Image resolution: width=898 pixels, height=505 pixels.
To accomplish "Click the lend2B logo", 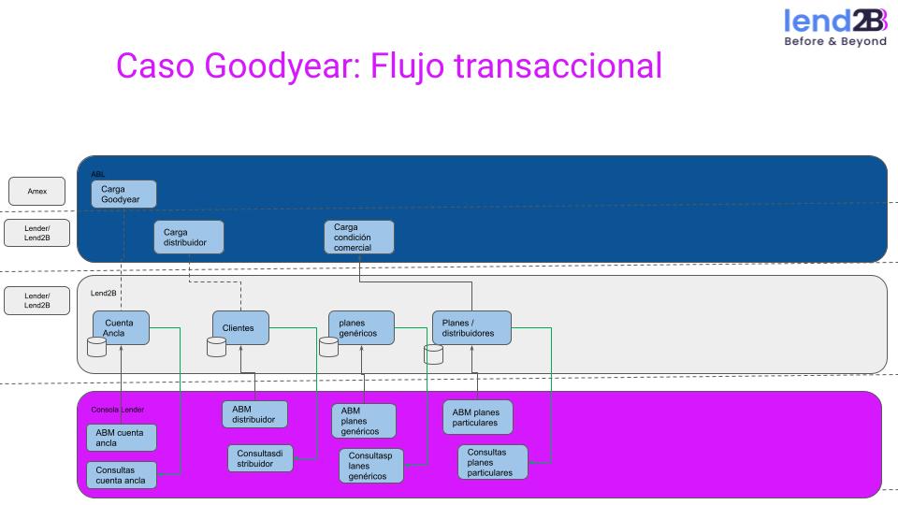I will [x=834, y=27].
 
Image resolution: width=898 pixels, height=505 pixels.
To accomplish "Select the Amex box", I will [x=37, y=191].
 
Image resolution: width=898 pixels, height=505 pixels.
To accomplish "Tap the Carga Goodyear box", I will [x=123, y=194].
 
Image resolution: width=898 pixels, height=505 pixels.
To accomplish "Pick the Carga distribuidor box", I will [x=189, y=237].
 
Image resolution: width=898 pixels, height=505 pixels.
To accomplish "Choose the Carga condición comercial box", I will [x=359, y=237].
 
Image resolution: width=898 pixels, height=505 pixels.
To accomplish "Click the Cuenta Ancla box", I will [x=122, y=327].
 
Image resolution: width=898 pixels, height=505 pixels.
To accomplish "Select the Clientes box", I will [x=240, y=327].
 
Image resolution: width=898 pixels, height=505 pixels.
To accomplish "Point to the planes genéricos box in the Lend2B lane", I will [x=361, y=327].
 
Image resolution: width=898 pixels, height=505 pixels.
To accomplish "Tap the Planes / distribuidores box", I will [x=471, y=327].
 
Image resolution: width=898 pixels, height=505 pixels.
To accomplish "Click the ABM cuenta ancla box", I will [x=122, y=437].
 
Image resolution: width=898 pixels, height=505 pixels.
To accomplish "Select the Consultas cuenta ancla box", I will [x=122, y=474].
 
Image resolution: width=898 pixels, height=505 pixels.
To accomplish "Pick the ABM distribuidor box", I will [x=254, y=414].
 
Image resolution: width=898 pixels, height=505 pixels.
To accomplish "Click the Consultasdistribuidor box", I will [x=261, y=458].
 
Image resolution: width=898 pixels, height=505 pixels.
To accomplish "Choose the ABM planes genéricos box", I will [x=364, y=421].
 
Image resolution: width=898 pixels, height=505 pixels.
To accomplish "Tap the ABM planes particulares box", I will [x=478, y=417].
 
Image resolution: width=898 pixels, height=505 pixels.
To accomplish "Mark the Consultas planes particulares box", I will [x=493, y=462].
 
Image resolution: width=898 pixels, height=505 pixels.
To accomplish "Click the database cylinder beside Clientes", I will [x=217, y=347].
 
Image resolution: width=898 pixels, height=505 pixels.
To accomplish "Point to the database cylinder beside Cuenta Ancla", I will [x=96, y=348].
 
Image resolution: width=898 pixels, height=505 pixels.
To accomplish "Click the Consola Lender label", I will [x=118, y=410].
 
